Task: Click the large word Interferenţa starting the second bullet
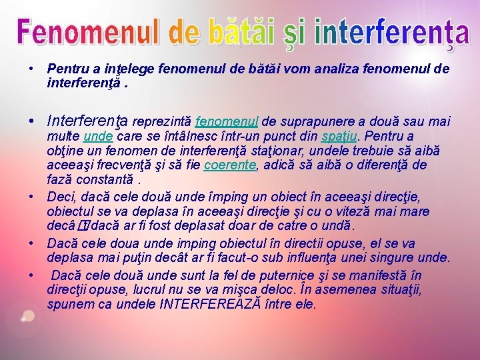click(x=89, y=122)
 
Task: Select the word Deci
click(x=60, y=197)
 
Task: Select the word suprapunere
click(x=318, y=122)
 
